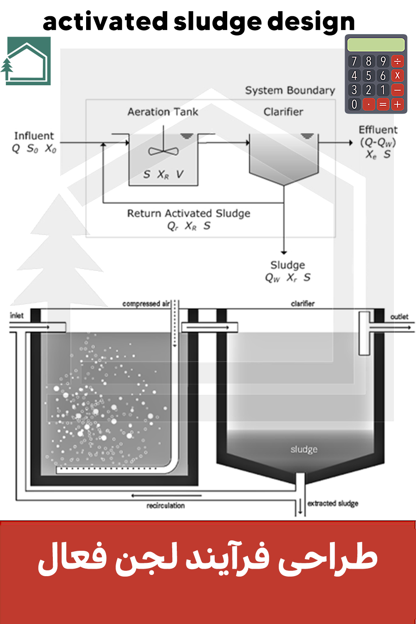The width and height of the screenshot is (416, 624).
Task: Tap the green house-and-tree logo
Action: click(28, 61)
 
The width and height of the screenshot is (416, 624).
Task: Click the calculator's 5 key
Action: click(369, 76)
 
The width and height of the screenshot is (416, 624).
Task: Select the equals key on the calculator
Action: click(383, 104)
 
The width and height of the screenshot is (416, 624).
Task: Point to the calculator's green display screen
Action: click(376, 45)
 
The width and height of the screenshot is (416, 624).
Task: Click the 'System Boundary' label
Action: click(290, 91)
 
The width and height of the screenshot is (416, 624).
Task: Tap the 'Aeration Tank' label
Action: click(163, 112)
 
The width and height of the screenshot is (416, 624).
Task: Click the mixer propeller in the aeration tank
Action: click(163, 151)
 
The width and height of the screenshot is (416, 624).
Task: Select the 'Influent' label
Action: click(34, 136)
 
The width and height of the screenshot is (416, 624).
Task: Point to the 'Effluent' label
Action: click(378, 130)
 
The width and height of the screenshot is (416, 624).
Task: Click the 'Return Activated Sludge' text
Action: click(188, 213)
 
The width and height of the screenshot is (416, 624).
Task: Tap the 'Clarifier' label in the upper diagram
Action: click(283, 112)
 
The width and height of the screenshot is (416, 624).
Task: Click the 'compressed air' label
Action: click(146, 304)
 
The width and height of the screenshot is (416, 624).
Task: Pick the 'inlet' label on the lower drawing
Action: click(17, 315)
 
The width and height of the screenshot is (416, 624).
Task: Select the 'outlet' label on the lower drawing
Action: click(399, 317)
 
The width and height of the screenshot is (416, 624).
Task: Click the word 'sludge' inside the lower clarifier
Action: click(304, 449)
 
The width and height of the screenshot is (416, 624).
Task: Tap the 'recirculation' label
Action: click(166, 505)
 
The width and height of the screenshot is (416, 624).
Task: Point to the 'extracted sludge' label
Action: click(333, 503)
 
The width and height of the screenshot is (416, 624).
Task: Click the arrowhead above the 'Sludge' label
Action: click(284, 252)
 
